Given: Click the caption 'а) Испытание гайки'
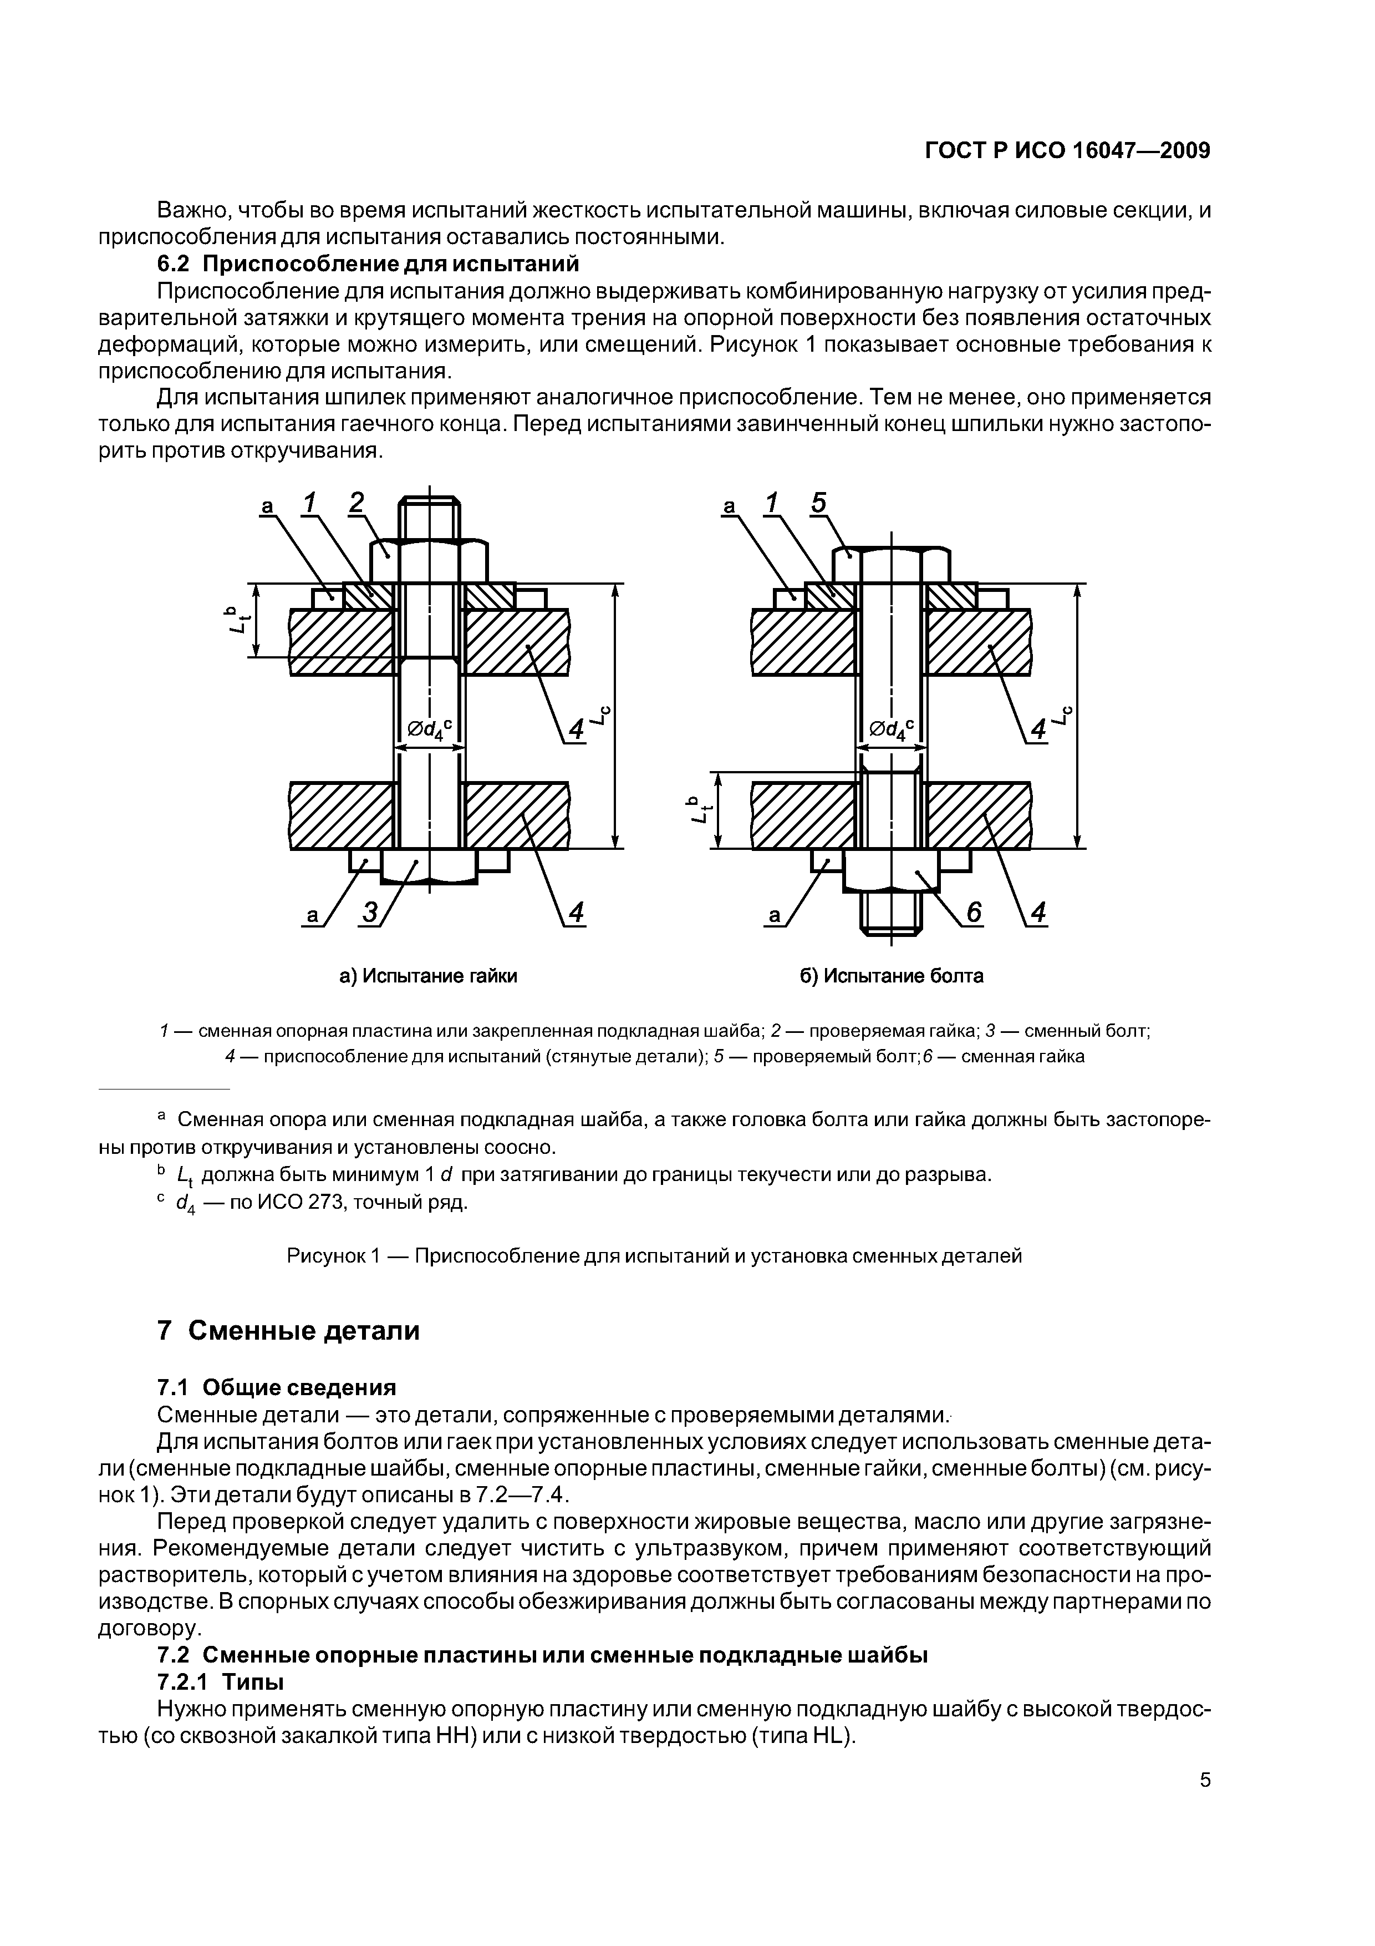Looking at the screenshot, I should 428,976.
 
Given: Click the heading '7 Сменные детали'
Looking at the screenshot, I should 288,1331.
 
